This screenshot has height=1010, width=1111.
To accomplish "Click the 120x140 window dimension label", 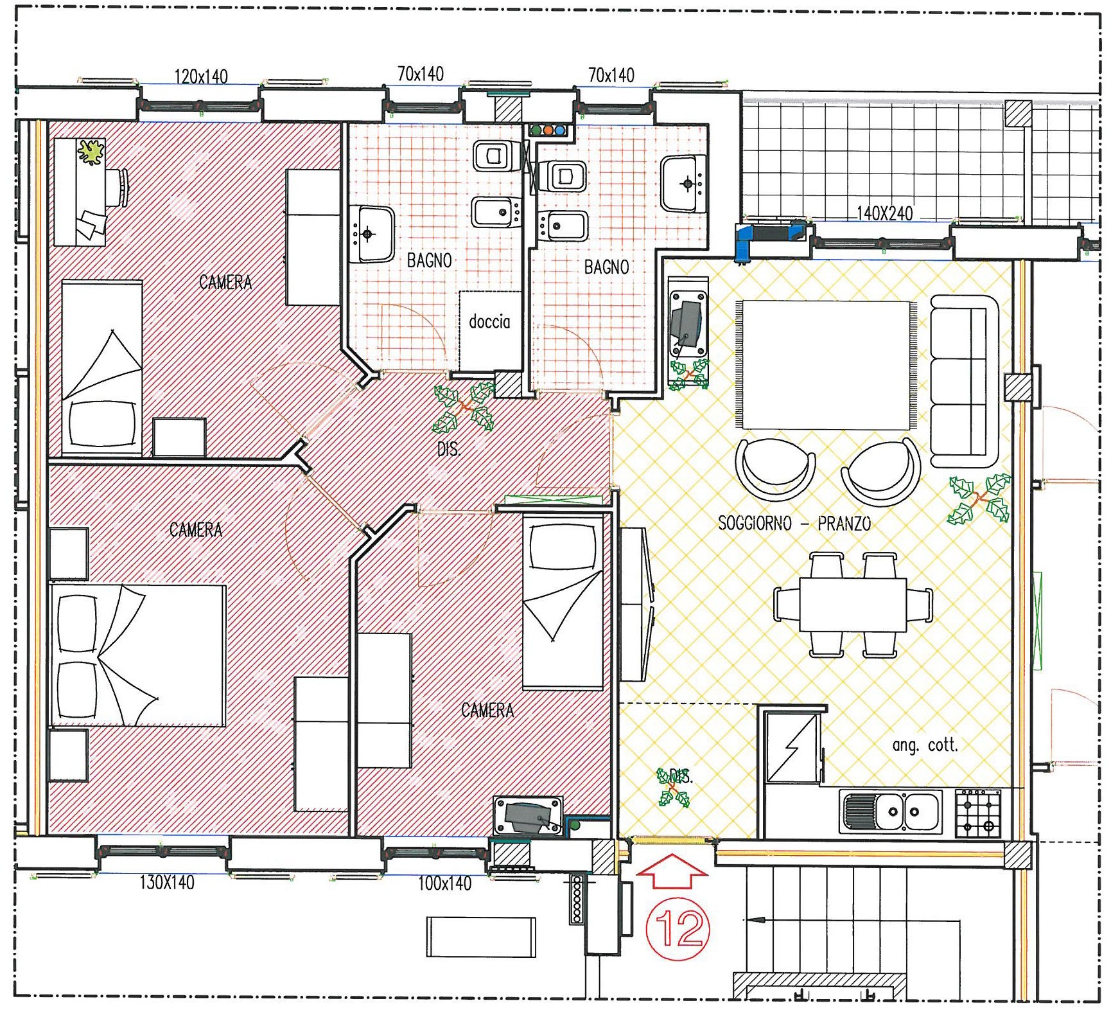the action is [x=201, y=76].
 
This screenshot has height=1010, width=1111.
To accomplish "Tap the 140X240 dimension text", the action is [x=884, y=213].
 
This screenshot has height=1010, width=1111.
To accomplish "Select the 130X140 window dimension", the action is [x=167, y=882].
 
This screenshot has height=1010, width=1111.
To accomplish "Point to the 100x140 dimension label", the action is [x=445, y=883].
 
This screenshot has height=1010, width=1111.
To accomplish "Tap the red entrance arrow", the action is [x=672, y=871].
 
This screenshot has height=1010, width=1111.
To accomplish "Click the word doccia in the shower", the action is [x=489, y=321].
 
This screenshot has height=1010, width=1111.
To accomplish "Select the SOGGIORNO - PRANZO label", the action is [x=794, y=523].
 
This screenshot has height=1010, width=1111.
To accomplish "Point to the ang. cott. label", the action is [x=925, y=745].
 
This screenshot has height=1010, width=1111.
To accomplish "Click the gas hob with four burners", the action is [x=978, y=813].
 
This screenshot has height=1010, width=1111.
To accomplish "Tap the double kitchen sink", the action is [x=890, y=812].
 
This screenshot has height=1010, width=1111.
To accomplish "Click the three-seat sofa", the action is [x=965, y=381].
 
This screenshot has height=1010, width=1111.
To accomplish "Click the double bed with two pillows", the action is [x=138, y=655].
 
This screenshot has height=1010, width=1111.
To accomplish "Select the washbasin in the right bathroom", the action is [x=683, y=184].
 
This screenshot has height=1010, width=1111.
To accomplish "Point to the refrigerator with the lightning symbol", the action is [x=792, y=747].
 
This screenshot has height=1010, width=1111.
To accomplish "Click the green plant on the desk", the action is [x=92, y=153].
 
